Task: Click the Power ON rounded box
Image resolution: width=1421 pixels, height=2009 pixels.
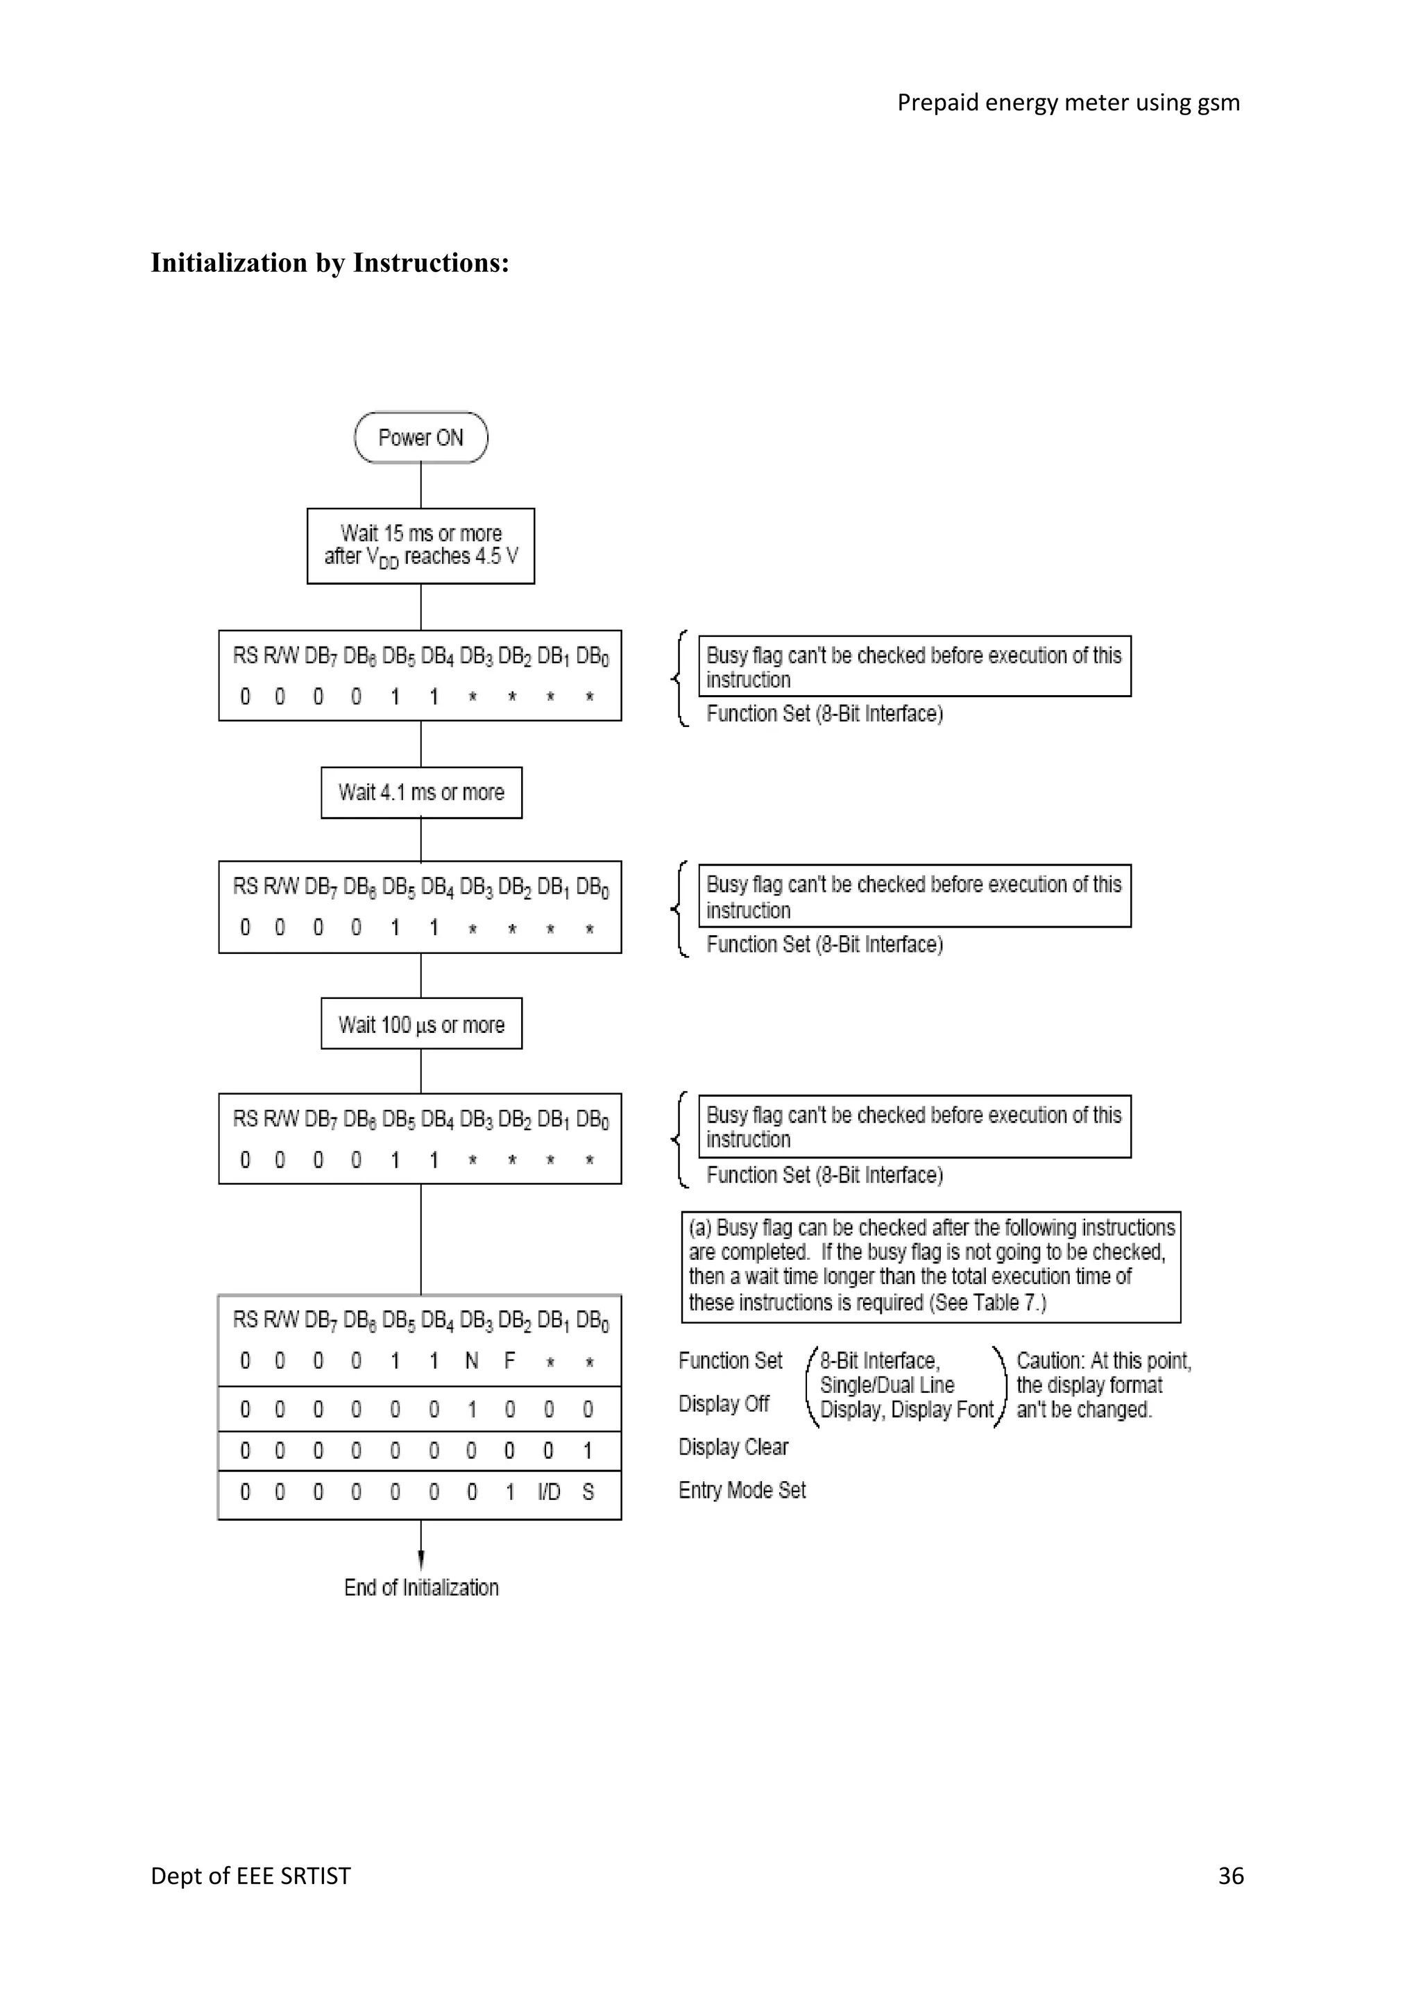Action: pos(421,438)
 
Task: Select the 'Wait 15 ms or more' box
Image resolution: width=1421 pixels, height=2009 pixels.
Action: pos(421,545)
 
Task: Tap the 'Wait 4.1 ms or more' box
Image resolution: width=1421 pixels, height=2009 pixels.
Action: pos(421,792)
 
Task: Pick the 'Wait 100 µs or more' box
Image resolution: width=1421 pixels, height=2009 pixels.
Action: pos(421,1024)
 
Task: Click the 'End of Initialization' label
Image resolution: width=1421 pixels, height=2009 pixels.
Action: pos(421,1587)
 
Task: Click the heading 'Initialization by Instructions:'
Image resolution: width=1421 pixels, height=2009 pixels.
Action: pos(330,262)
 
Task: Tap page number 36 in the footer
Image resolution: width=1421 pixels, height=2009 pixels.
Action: pos(1230,1875)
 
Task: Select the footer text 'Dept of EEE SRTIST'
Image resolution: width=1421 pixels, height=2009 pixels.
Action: pos(250,1875)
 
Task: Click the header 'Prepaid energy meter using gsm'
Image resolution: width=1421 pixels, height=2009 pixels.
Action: pos(1068,103)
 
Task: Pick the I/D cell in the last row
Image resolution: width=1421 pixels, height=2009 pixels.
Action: pos(549,1491)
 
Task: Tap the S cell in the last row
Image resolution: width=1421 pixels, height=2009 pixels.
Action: pos(588,1491)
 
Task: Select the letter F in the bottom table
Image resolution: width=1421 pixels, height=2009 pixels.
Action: pos(510,1360)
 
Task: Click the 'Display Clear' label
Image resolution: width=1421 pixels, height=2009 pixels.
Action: pos(733,1447)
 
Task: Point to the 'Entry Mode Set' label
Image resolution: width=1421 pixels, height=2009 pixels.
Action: pos(742,1490)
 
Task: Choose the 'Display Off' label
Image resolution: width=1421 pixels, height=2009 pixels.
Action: pos(724,1403)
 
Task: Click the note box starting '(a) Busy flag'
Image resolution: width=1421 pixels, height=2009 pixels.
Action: pos(931,1265)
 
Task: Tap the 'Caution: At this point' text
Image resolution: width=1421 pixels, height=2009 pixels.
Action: pos(1103,1360)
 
